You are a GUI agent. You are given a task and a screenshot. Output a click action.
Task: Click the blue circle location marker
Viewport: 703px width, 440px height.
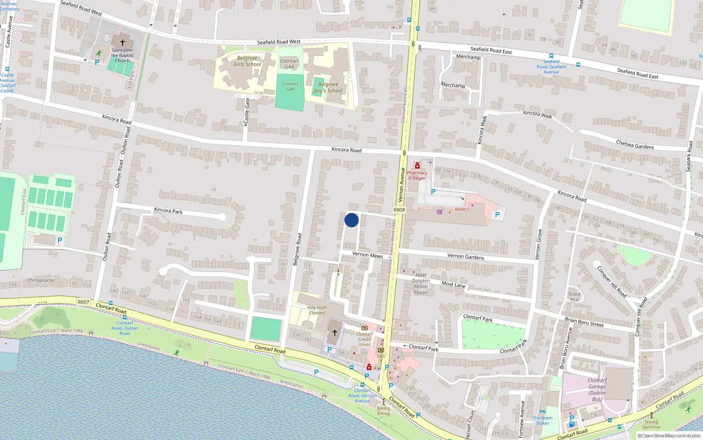[351, 220]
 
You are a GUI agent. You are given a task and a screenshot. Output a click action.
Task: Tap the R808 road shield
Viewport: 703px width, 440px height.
[399, 210]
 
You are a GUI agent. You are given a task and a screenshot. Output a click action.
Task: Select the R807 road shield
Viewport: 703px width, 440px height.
[83, 302]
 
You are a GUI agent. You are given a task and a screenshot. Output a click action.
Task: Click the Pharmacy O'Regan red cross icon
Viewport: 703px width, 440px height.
[417, 166]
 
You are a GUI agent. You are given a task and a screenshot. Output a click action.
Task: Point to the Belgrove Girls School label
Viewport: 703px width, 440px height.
[247, 61]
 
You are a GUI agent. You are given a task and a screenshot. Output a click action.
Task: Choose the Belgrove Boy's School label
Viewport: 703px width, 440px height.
[328, 88]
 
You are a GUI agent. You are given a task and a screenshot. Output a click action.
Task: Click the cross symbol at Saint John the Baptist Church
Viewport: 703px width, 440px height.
[123, 43]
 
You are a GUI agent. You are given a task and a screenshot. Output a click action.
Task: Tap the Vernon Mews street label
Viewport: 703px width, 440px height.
[367, 255]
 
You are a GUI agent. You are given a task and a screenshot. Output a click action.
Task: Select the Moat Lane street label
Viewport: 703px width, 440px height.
[453, 285]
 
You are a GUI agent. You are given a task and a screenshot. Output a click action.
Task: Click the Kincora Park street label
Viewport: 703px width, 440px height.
[168, 211]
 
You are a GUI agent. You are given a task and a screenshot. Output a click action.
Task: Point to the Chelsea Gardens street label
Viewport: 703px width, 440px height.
[635, 144]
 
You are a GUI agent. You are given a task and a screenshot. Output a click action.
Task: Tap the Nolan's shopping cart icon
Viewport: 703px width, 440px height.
[439, 212]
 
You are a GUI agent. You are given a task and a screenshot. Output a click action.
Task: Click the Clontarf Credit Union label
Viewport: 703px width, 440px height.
[364, 339]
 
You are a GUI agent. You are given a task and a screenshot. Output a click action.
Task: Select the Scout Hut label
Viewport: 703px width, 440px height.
[574, 297]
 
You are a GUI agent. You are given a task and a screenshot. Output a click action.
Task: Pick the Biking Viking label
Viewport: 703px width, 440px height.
[383, 411]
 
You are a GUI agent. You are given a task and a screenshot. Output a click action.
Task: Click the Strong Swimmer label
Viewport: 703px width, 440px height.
[651, 424]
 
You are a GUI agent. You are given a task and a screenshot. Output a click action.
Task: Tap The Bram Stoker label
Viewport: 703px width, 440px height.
[543, 421]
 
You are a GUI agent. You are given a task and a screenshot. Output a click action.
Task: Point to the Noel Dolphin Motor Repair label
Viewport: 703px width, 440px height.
[420, 283]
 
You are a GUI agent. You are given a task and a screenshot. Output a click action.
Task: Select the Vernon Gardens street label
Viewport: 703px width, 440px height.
[466, 257]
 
